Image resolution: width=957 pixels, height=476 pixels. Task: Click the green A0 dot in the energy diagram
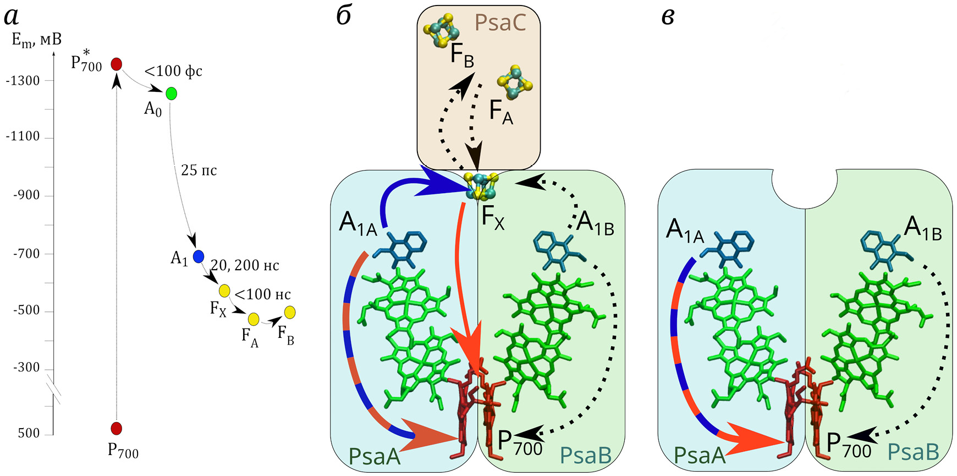[x=172, y=94]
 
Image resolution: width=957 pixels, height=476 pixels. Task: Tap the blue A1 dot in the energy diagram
[x=199, y=256]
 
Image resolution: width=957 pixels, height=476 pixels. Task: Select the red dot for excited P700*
[x=116, y=64]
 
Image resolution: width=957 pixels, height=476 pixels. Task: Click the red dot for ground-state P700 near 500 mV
[x=116, y=428]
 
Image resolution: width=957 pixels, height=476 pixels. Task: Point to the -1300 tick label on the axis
[x=23, y=81]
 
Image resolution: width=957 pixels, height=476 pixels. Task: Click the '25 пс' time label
[x=199, y=170]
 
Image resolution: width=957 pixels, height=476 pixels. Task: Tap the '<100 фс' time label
[x=173, y=71]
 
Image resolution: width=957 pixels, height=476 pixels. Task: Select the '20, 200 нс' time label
[x=245, y=265]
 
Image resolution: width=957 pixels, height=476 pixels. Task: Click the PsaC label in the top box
[x=500, y=23]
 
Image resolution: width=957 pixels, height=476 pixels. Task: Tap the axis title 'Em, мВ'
[x=36, y=40]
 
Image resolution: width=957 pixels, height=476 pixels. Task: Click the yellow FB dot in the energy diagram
[x=290, y=313]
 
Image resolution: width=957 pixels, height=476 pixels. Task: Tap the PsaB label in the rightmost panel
[x=914, y=452]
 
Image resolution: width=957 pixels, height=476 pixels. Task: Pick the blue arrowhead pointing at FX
[x=441, y=183]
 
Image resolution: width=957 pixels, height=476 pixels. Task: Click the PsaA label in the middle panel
[x=375, y=456]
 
